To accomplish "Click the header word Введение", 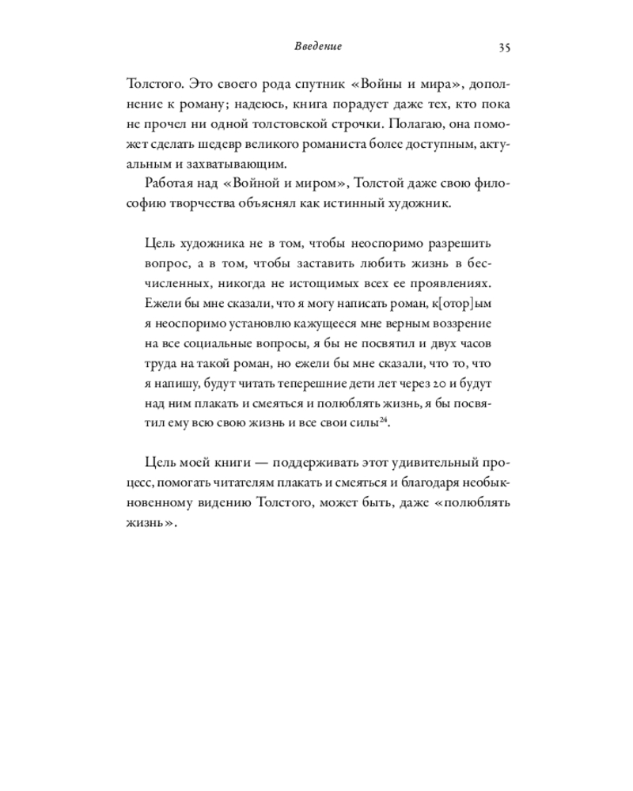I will pyautogui.click(x=312, y=47).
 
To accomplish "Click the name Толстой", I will pyautogui.click(x=382, y=184).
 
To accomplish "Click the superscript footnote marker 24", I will pyautogui.click(x=383, y=422).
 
